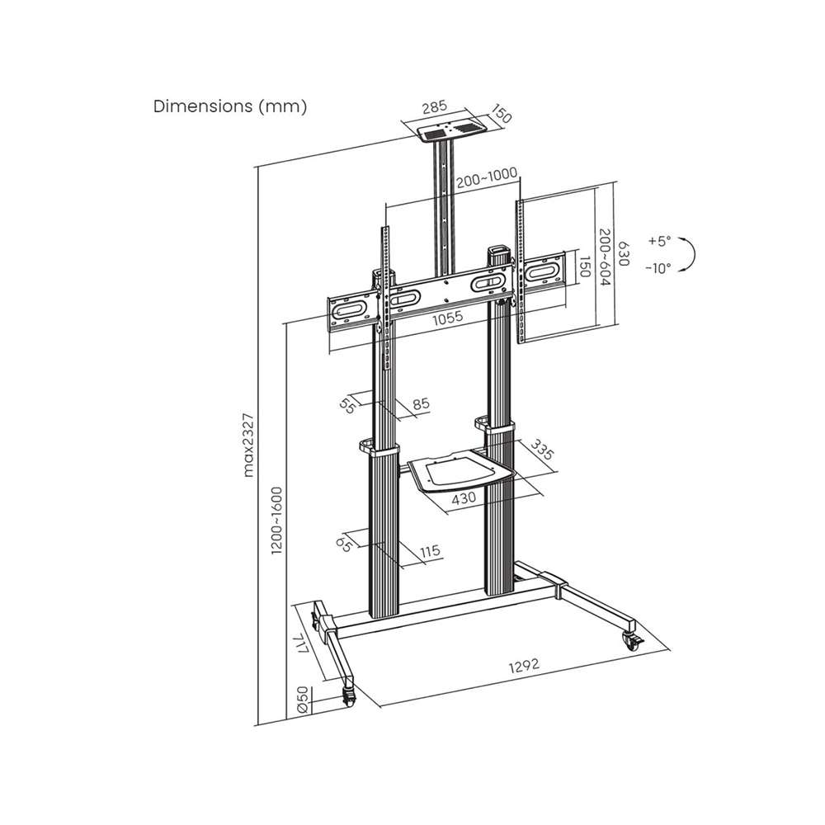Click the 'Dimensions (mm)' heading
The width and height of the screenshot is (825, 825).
click(x=230, y=106)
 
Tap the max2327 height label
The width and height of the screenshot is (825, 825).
click(x=248, y=445)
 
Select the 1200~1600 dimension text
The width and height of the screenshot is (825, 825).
click(x=276, y=521)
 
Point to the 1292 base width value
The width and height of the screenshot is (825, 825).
click(x=524, y=665)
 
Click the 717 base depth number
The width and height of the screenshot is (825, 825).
click(x=301, y=644)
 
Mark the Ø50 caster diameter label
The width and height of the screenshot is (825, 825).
click(x=303, y=700)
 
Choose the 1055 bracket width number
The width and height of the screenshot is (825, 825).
click(x=448, y=317)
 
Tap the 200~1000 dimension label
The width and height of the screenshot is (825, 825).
click(x=487, y=177)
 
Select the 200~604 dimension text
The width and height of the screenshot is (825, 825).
click(x=605, y=257)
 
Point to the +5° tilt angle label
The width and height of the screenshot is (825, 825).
click(x=660, y=242)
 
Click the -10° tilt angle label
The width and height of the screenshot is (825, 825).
click(x=658, y=268)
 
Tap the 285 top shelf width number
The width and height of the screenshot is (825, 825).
click(x=435, y=106)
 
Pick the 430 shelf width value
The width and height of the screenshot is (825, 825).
click(x=464, y=497)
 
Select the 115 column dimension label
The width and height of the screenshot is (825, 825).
click(x=430, y=551)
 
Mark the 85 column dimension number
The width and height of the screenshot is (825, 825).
click(x=421, y=404)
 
